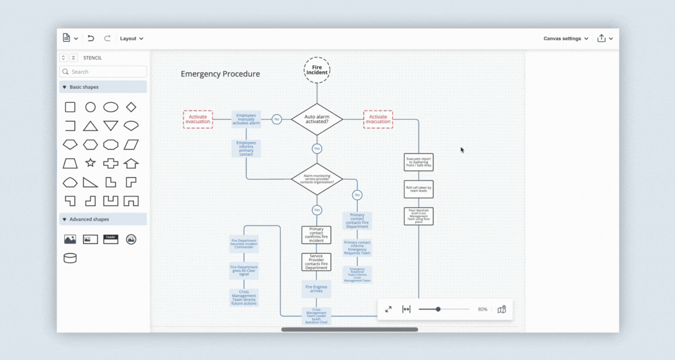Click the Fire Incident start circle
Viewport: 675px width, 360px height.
[x=317, y=70]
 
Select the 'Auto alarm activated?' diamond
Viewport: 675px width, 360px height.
[x=317, y=119]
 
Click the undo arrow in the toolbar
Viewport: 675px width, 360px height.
[x=91, y=38]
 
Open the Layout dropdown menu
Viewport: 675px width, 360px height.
[x=132, y=38]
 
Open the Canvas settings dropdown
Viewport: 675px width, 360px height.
[x=565, y=38]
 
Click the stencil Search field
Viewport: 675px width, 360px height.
[x=103, y=71]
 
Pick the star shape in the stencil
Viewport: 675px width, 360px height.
[x=90, y=163]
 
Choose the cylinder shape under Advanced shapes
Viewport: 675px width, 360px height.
[x=70, y=258]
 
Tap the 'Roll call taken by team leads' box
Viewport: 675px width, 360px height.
[x=418, y=190]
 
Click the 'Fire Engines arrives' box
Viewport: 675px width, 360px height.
[x=316, y=289]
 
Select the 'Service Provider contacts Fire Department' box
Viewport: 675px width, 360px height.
[x=316, y=262]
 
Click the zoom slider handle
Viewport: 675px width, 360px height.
[x=438, y=309]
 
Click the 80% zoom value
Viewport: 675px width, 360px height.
[x=482, y=309]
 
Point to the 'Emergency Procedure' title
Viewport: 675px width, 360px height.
[x=220, y=74]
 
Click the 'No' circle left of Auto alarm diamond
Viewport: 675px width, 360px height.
[x=277, y=119]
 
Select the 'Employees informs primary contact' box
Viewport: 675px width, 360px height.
[x=246, y=148]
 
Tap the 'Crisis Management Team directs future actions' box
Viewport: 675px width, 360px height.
[x=244, y=298]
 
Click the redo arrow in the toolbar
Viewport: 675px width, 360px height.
[x=107, y=38]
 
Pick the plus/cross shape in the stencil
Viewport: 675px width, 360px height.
[x=110, y=163]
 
